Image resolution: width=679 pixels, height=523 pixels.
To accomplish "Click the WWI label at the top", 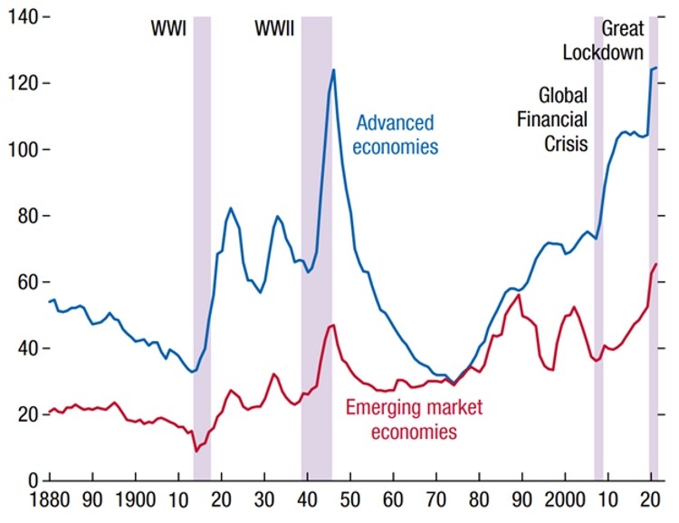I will click(168, 29).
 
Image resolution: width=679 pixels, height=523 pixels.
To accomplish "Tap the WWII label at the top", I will click(274, 29).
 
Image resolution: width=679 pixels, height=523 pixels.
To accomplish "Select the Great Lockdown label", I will click(604, 41).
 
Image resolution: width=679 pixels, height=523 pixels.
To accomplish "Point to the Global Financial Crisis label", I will click(563, 119).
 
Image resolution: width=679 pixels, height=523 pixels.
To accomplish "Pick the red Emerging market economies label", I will click(402, 419).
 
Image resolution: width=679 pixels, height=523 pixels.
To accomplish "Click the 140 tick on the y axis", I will click(20, 17).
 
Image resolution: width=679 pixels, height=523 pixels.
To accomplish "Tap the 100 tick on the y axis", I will click(20, 149).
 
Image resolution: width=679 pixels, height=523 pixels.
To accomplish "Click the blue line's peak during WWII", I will click(333, 70).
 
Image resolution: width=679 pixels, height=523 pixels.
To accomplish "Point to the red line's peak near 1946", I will click(333, 325).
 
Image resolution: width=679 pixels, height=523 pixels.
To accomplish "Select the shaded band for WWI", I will click(202, 244).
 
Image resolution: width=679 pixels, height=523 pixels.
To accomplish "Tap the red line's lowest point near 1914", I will click(196, 451).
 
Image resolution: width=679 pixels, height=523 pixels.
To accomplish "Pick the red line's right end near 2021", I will click(655, 264).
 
